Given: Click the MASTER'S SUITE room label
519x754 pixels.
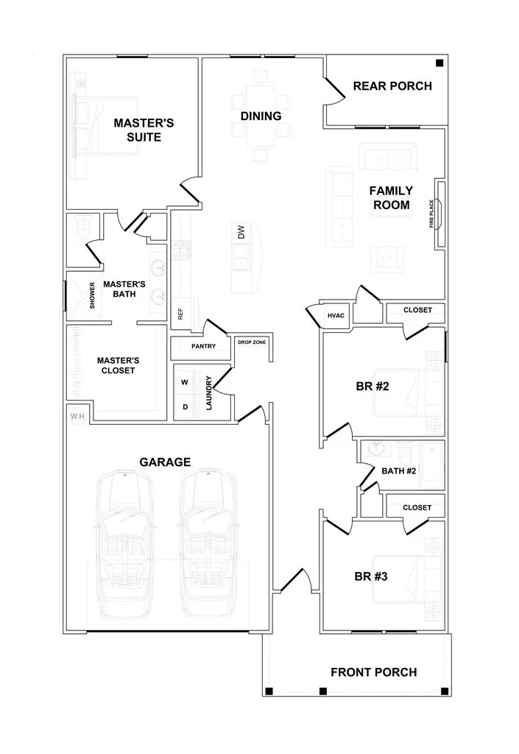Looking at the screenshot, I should pyautogui.click(x=143, y=130).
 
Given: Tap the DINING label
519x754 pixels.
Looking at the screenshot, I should pyautogui.click(x=261, y=116).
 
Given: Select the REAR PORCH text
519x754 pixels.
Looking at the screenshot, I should pyautogui.click(x=392, y=86).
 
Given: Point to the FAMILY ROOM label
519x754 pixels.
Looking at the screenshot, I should pyautogui.click(x=391, y=198).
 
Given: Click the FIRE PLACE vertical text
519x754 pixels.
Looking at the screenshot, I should pyautogui.click(x=432, y=214).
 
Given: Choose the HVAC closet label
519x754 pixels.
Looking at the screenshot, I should pyautogui.click(x=336, y=316).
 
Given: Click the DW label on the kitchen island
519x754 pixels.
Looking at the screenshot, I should pyautogui.click(x=240, y=232).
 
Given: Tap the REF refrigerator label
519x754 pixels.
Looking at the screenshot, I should pyautogui.click(x=180, y=313).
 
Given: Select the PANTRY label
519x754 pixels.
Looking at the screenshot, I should pyautogui.click(x=202, y=346).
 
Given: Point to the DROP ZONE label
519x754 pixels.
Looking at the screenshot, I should pyautogui.click(x=252, y=342).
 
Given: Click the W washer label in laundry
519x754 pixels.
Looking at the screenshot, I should pyautogui.click(x=185, y=383).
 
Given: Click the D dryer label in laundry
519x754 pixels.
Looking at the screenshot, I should pyautogui.click(x=185, y=406).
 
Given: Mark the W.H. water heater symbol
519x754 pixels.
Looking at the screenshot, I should pyautogui.click(x=78, y=417).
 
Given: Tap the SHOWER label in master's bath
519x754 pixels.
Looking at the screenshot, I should pyautogui.click(x=93, y=296).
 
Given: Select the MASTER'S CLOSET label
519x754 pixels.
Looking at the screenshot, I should pyautogui.click(x=118, y=365).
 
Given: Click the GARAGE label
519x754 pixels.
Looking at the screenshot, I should pyautogui.click(x=165, y=462).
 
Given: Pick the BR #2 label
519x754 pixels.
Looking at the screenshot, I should pyautogui.click(x=372, y=387).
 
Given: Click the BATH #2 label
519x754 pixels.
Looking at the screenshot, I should pyautogui.click(x=399, y=471).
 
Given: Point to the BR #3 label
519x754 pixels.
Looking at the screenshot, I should pyautogui.click(x=371, y=577).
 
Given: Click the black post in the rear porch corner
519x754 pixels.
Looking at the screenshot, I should pyautogui.click(x=439, y=63).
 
